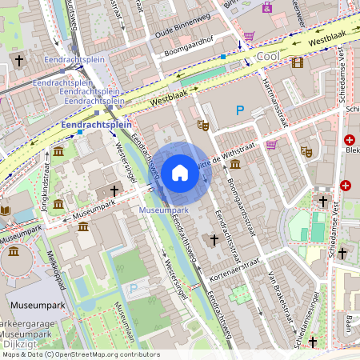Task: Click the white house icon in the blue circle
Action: [x=180, y=172]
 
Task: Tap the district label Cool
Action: [x=268, y=57]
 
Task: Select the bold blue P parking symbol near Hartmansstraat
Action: [x=239, y=110]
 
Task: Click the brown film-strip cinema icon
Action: [x=298, y=63]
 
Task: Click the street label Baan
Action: [x=349, y=324]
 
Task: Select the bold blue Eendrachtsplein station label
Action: [x=96, y=126]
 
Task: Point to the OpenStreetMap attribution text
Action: [x=80, y=354]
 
